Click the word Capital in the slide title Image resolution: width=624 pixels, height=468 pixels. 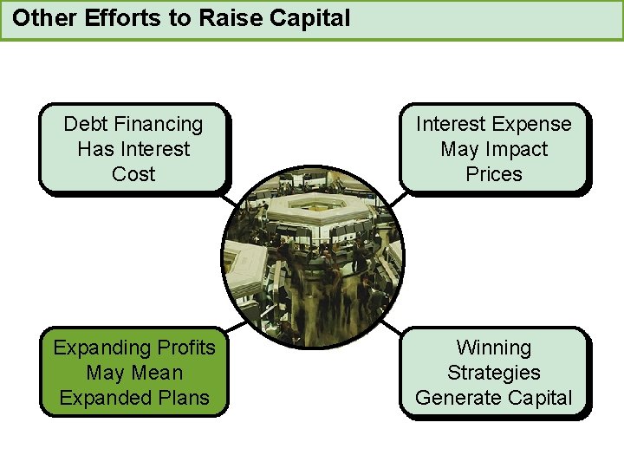pos(309,17)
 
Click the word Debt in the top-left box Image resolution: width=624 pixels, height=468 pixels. pos(83,124)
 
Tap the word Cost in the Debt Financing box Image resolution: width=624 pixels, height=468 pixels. pos(133,174)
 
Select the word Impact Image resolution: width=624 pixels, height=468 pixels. pos(517,149)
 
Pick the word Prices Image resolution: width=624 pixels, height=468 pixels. pos(494,174)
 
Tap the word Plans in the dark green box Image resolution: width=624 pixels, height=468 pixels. pos(185,398)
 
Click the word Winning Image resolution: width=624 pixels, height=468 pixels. pos(494,348)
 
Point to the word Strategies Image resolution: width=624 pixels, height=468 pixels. pos(494,373)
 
